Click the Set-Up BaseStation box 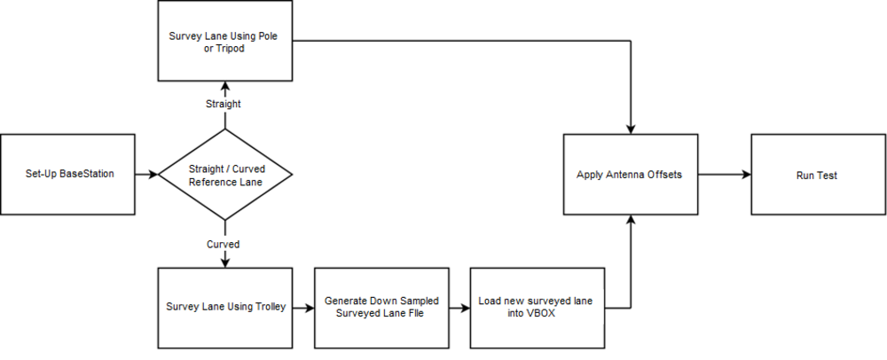tap(68, 175)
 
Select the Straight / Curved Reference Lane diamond tap(224, 175)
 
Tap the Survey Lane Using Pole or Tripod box tap(224, 41)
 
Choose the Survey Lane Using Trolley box tap(224, 308)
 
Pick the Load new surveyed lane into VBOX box tap(537, 308)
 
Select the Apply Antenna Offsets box tap(631, 175)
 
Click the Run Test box tap(817, 175)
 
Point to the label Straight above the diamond tap(224, 104)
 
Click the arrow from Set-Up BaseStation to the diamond tap(146, 175)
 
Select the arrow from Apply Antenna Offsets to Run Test tap(724, 175)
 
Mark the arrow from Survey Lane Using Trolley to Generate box tap(302, 308)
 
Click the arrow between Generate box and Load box tap(459, 308)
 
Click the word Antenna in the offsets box tap(624, 175)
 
